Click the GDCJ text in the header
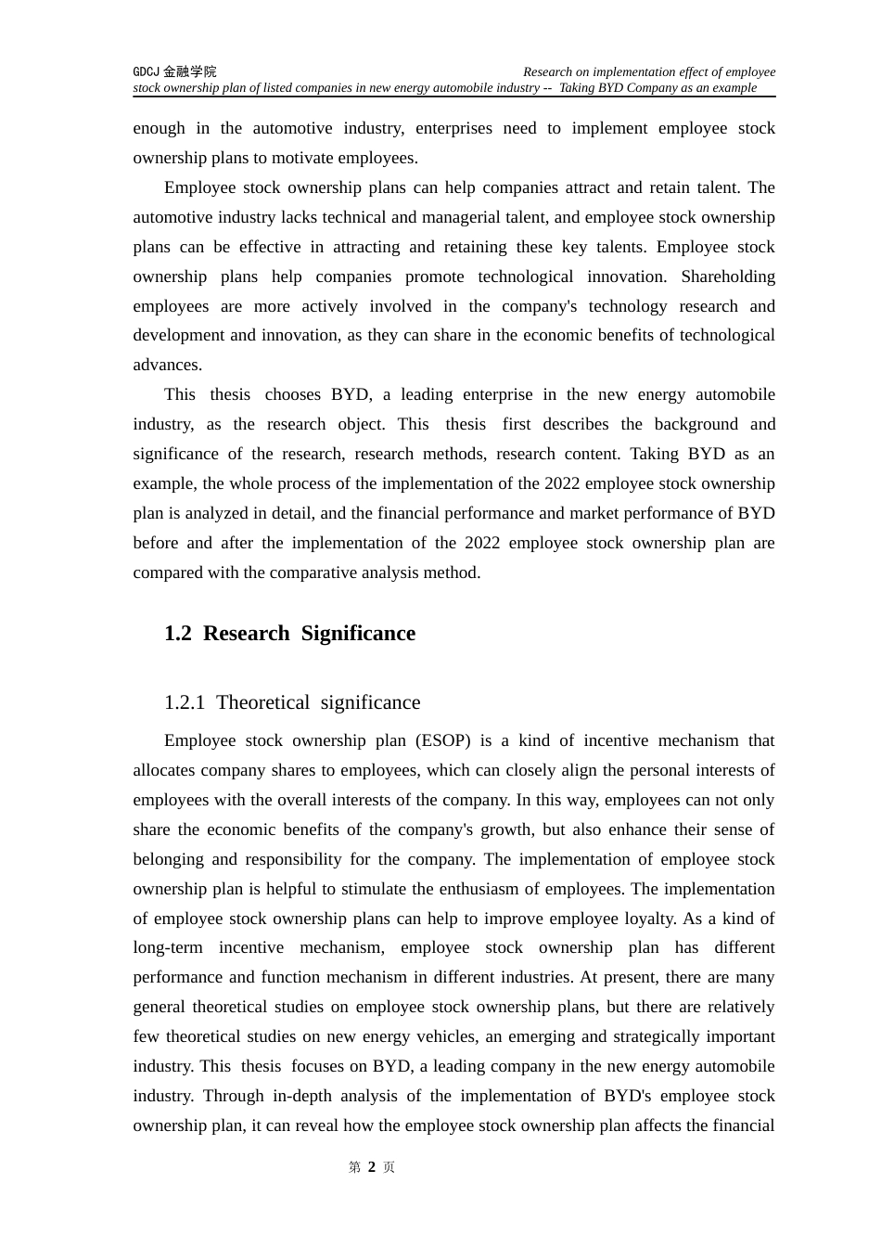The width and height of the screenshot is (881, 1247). click(x=146, y=71)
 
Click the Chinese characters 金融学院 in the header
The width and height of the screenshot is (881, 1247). click(x=189, y=71)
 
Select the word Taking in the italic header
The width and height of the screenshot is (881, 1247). click(x=578, y=88)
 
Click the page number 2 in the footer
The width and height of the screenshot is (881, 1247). click(x=372, y=1167)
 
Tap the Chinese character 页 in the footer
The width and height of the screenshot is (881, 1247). click(x=389, y=1167)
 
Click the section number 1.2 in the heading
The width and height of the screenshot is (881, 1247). click(x=177, y=634)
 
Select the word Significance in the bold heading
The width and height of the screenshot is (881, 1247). click(x=358, y=634)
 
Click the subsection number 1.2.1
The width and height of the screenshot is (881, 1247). click(x=184, y=702)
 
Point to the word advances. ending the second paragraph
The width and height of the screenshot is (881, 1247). click(x=167, y=365)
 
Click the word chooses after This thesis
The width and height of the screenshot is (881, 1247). click(x=292, y=394)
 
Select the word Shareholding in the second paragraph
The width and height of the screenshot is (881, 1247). click(x=728, y=276)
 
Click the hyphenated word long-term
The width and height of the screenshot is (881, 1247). click(x=168, y=947)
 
